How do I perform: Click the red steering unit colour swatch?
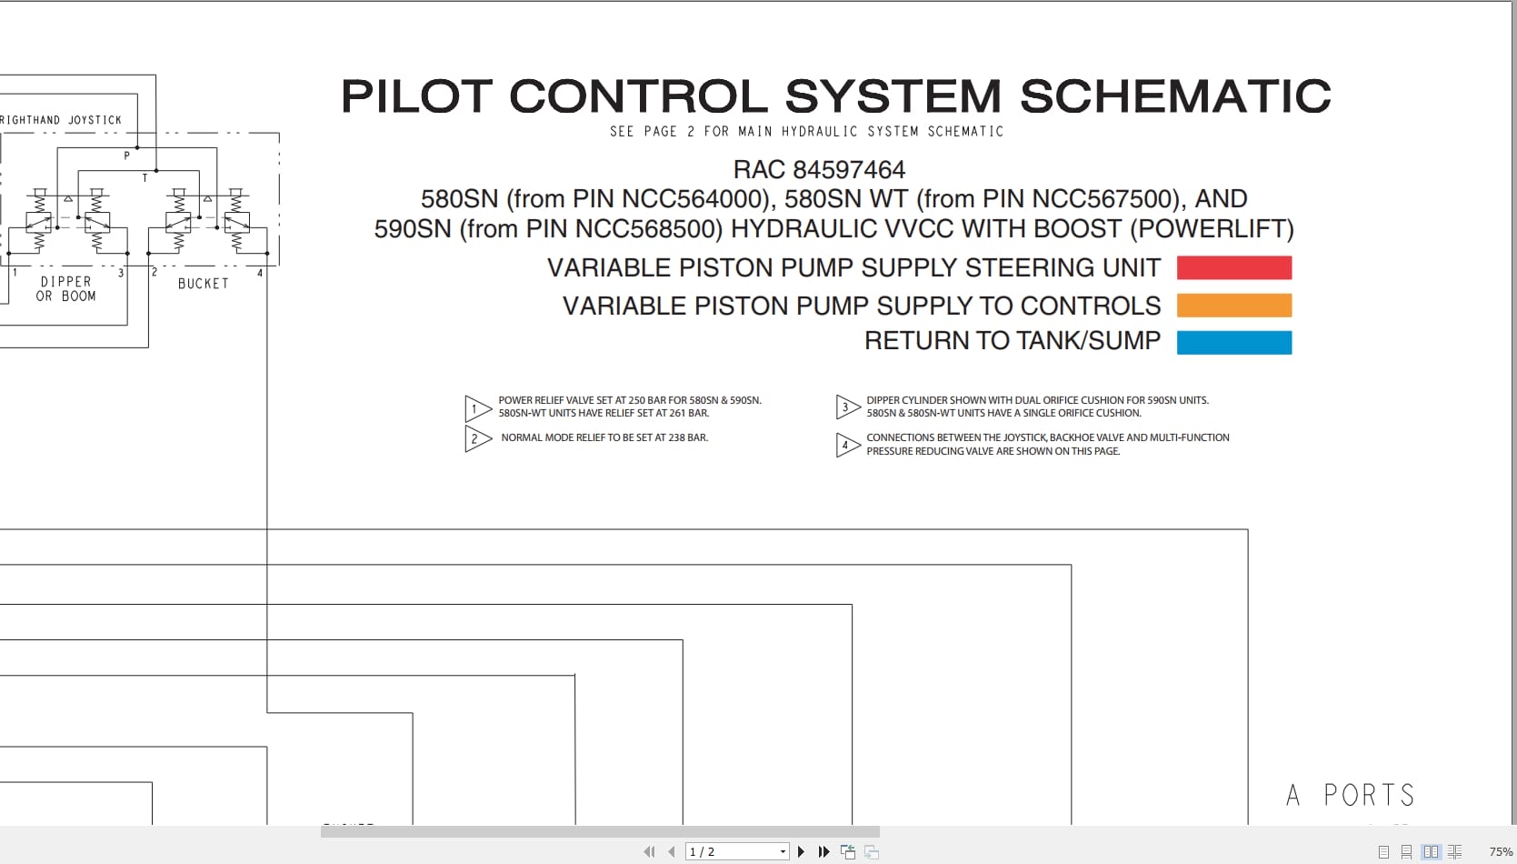(1233, 267)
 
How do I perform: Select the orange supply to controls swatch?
(1233, 306)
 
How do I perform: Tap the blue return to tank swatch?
(1233, 342)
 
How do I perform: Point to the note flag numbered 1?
(476, 408)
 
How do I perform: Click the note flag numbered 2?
(476, 439)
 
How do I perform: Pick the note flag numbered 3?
(846, 407)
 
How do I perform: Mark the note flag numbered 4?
(846, 445)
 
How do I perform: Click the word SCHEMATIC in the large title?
(1174, 96)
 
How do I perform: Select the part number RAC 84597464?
(819, 170)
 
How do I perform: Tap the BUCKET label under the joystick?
(203, 284)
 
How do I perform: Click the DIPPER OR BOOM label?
(65, 289)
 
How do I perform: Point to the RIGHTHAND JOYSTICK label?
(61, 120)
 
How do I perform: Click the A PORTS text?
(1351, 796)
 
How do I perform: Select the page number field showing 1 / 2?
(732, 852)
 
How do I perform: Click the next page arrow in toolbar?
(801, 852)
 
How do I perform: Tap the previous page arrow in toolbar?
(671, 852)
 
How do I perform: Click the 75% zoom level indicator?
(1501, 852)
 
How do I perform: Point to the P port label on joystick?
(127, 156)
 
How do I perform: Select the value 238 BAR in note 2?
(688, 437)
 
